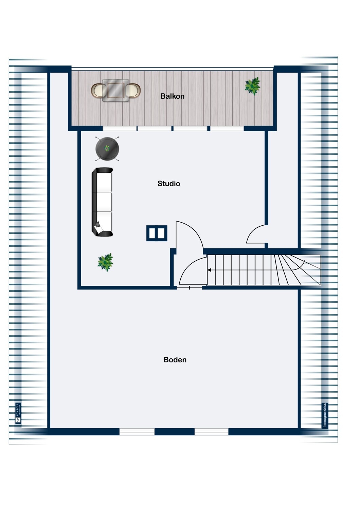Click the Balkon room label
pyautogui.click(x=172, y=96)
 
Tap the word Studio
pyautogui.click(x=169, y=184)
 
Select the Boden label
pyautogui.click(x=175, y=360)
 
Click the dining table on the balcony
pyautogui.click(x=115, y=90)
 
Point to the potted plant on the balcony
pyautogui.click(x=253, y=86)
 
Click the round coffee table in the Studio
pyautogui.click(x=107, y=149)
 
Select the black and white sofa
pyautogui.click(x=102, y=202)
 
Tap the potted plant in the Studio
pyautogui.click(x=105, y=262)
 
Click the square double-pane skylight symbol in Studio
pyautogui.click(x=157, y=233)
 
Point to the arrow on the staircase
pyautogui.click(x=210, y=270)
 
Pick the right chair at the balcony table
pyautogui.click(x=133, y=91)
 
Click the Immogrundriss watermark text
pyautogui.click(x=325, y=415)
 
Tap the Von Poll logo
pyautogui.click(x=18, y=413)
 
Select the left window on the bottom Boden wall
pyautogui.click(x=137, y=432)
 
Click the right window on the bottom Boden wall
pyautogui.click(x=211, y=432)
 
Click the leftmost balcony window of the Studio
pyautogui.click(x=120, y=129)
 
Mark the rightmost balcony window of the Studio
pyautogui.click(x=227, y=129)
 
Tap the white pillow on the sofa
pyautogui.click(x=98, y=229)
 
